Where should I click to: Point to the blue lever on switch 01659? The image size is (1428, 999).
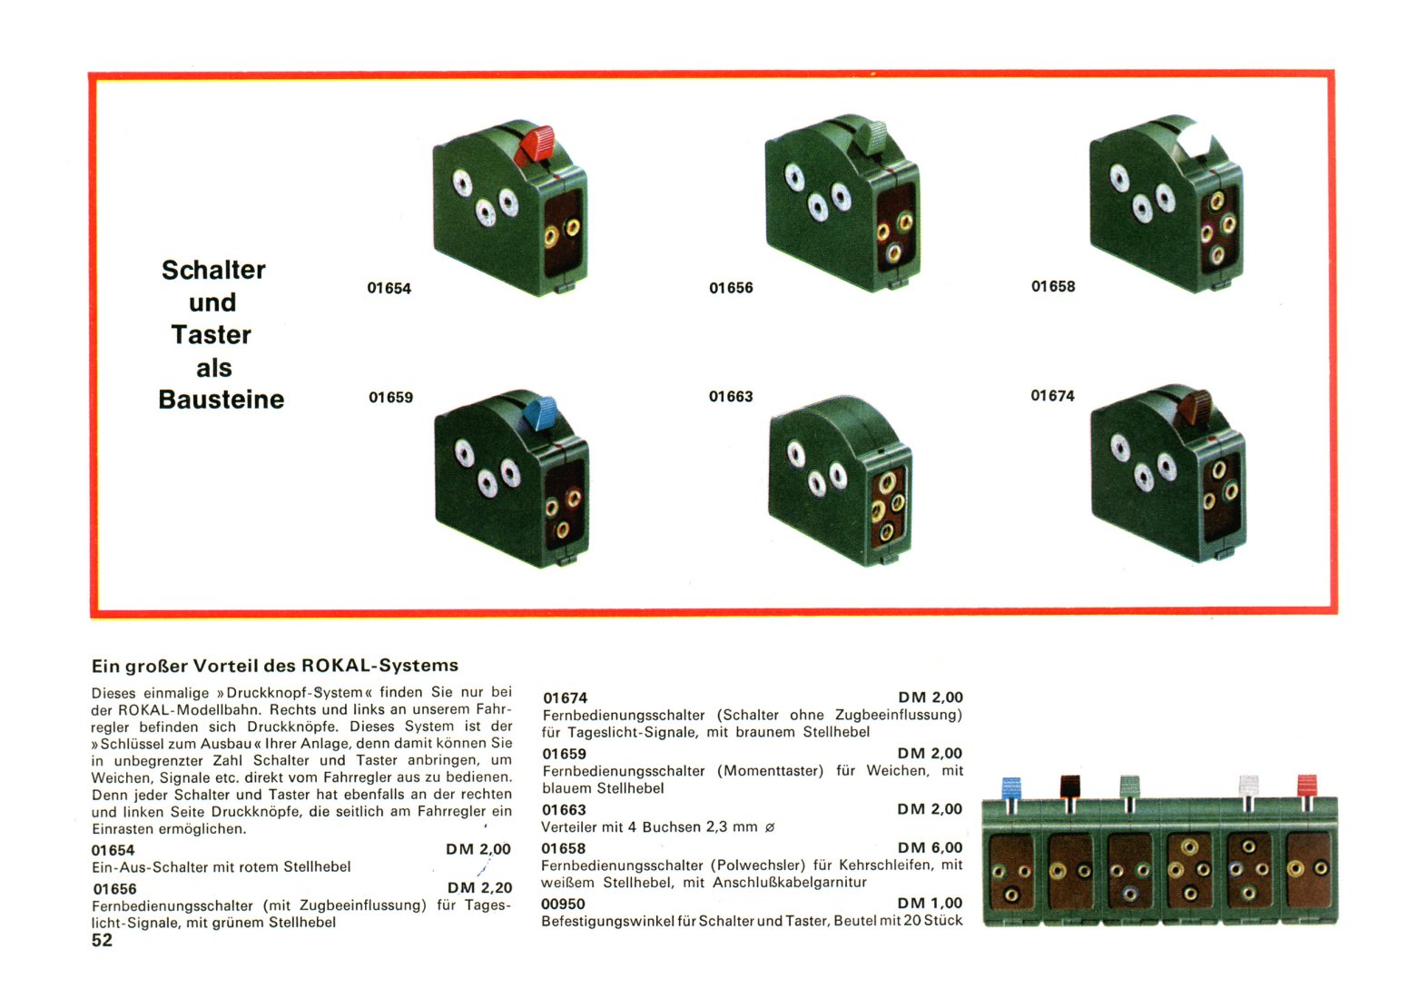[x=539, y=414]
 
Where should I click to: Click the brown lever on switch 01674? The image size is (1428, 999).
[x=1195, y=407]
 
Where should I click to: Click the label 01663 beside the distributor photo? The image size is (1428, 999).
[x=731, y=397]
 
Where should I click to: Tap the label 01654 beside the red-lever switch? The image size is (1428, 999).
[x=389, y=288]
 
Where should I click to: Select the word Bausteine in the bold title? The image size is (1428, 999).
[x=222, y=400]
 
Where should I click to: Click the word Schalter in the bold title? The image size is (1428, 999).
[x=213, y=270]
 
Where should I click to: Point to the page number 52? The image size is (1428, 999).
[x=102, y=940]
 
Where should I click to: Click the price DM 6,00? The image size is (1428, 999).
[x=931, y=848]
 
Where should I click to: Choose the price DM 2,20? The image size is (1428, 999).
[x=479, y=888]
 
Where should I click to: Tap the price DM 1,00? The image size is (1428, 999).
[x=931, y=904]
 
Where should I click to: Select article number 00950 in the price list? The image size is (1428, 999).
[x=563, y=904]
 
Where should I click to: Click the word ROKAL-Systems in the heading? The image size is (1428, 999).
[x=380, y=666]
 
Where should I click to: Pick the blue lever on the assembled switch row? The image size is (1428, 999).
[x=1011, y=788]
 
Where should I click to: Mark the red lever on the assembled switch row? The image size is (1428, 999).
[x=1307, y=786]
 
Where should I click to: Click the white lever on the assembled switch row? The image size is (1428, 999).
[x=1248, y=786]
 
